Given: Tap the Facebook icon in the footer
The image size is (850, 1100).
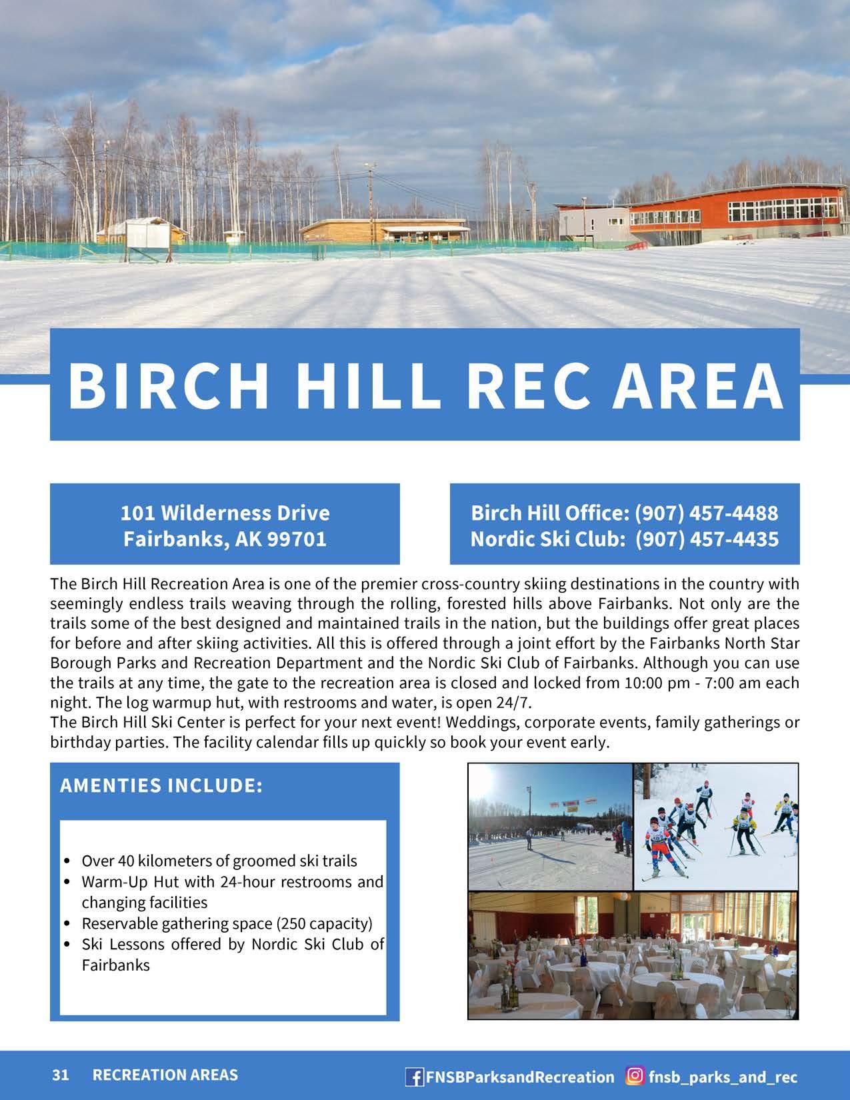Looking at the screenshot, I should click(414, 1076).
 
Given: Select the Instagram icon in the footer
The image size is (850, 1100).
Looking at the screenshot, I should click(635, 1075).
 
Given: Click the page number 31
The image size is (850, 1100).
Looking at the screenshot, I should click(61, 1075).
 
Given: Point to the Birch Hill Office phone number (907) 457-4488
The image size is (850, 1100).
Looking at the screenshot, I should click(706, 513).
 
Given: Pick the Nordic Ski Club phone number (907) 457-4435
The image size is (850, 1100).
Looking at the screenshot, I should click(707, 539).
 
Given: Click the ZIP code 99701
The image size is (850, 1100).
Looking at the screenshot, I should click(297, 539).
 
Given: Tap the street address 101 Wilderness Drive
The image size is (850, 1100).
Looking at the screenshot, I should click(225, 513).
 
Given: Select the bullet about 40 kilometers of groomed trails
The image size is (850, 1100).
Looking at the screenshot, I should click(219, 861).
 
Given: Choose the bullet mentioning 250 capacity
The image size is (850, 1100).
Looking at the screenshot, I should click(227, 923).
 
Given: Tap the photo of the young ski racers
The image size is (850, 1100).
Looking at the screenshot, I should click(715, 827).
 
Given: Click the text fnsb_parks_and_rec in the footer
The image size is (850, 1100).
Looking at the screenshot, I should click(723, 1077).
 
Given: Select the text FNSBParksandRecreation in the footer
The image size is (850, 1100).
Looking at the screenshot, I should click(520, 1077).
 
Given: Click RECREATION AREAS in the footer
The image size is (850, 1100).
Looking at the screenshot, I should click(165, 1075).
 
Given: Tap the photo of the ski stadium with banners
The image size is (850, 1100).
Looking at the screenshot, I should click(550, 827).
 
